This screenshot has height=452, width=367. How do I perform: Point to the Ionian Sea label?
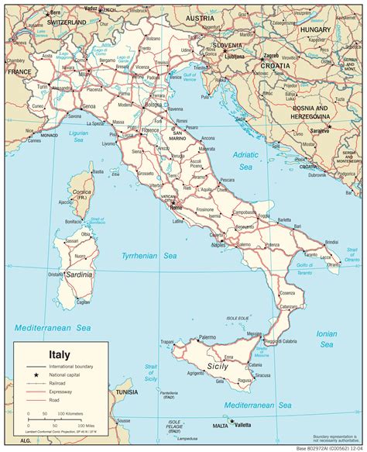(327, 340)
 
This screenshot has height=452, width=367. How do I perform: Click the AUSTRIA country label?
(200, 18)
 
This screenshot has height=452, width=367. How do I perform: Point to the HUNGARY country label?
(315, 29)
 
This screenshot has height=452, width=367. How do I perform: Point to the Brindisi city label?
(331, 243)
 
